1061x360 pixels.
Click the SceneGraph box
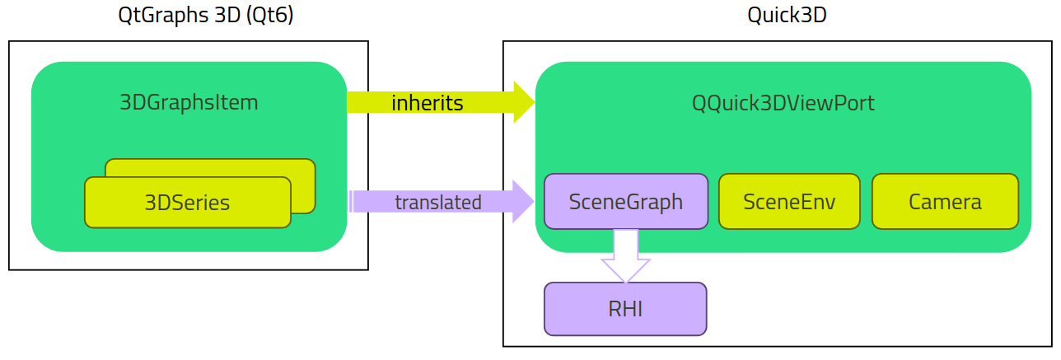(x=626, y=201)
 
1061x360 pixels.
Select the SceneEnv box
(x=789, y=201)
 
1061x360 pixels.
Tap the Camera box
(x=945, y=201)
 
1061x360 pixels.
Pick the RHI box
(x=625, y=309)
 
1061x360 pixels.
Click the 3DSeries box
(x=188, y=203)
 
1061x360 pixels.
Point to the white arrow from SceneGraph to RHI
(x=626, y=251)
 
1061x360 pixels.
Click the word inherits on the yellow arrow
(x=427, y=103)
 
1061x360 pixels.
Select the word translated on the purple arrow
(x=437, y=202)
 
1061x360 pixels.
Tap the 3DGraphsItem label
(x=189, y=103)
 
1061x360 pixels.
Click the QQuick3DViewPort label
(x=783, y=103)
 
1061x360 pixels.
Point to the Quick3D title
(x=786, y=15)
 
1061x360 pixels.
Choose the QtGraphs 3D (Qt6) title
(x=205, y=15)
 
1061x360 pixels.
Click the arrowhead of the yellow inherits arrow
(x=524, y=103)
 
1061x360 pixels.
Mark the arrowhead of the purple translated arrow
(x=524, y=202)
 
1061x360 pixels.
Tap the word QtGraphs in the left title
(x=157, y=15)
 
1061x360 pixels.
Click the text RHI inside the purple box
(x=625, y=309)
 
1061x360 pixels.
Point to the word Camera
(x=945, y=202)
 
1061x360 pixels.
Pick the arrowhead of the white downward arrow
(x=626, y=270)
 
